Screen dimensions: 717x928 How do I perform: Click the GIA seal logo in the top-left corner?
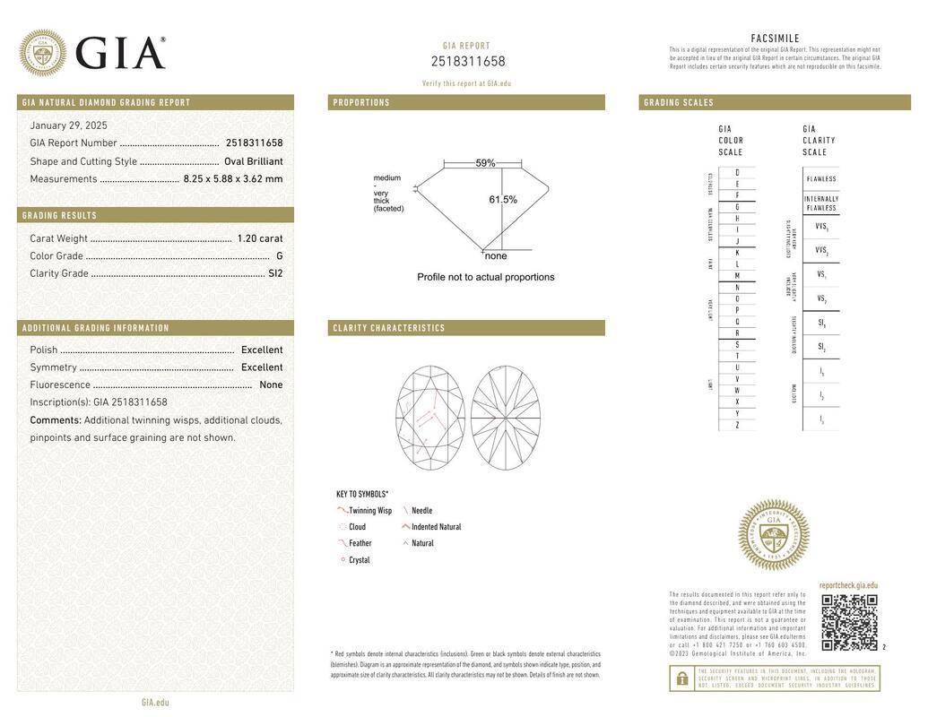[42, 53]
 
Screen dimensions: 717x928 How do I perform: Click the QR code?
[849, 622]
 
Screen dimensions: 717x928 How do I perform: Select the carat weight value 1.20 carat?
[259, 238]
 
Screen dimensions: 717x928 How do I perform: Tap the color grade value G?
[279, 256]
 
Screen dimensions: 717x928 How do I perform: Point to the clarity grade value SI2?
[274, 273]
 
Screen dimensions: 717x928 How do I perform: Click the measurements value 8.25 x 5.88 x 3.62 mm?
[233, 179]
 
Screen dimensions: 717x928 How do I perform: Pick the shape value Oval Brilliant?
[253, 161]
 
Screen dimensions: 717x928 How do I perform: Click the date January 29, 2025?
[68, 125]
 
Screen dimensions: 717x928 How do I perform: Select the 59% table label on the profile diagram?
[485, 163]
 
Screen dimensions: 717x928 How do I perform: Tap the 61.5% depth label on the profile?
[503, 200]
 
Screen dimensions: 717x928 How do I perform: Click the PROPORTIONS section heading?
[362, 102]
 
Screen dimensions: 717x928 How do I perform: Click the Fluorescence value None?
[271, 384]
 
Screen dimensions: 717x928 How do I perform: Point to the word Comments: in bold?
[56, 420]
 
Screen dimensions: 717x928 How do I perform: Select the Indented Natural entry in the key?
[436, 527]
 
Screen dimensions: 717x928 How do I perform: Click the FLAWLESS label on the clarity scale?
[821, 179]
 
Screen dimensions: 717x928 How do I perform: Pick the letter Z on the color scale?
[737, 425]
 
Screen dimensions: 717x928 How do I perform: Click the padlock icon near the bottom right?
[682, 678]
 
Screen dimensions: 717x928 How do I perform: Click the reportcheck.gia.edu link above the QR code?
[848, 585]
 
